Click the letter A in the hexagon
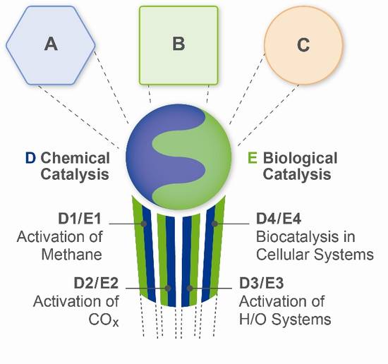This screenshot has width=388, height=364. click(x=51, y=44)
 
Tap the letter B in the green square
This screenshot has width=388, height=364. click(x=178, y=43)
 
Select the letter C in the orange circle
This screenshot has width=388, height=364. click(x=303, y=44)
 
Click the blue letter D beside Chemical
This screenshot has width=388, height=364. click(x=30, y=158)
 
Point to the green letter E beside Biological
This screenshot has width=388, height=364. click(x=253, y=158)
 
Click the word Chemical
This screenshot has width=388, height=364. click(x=75, y=158)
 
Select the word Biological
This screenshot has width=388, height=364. click(x=300, y=159)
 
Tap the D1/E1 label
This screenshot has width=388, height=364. click(x=80, y=219)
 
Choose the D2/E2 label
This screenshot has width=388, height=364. click(x=96, y=284)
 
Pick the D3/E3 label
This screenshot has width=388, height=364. click(x=261, y=284)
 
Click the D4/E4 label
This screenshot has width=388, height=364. click(x=279, y=219)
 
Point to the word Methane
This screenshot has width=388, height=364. click(x=72, y=254)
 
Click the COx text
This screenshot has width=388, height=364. click(x=104, y=320)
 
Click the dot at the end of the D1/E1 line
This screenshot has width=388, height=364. click(x=144, y=224)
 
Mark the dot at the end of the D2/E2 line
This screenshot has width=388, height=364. click(x=168, y=288)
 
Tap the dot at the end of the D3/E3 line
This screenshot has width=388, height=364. click(x=190, y=288)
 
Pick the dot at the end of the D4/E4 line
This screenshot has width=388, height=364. click(x=214, y=224)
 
